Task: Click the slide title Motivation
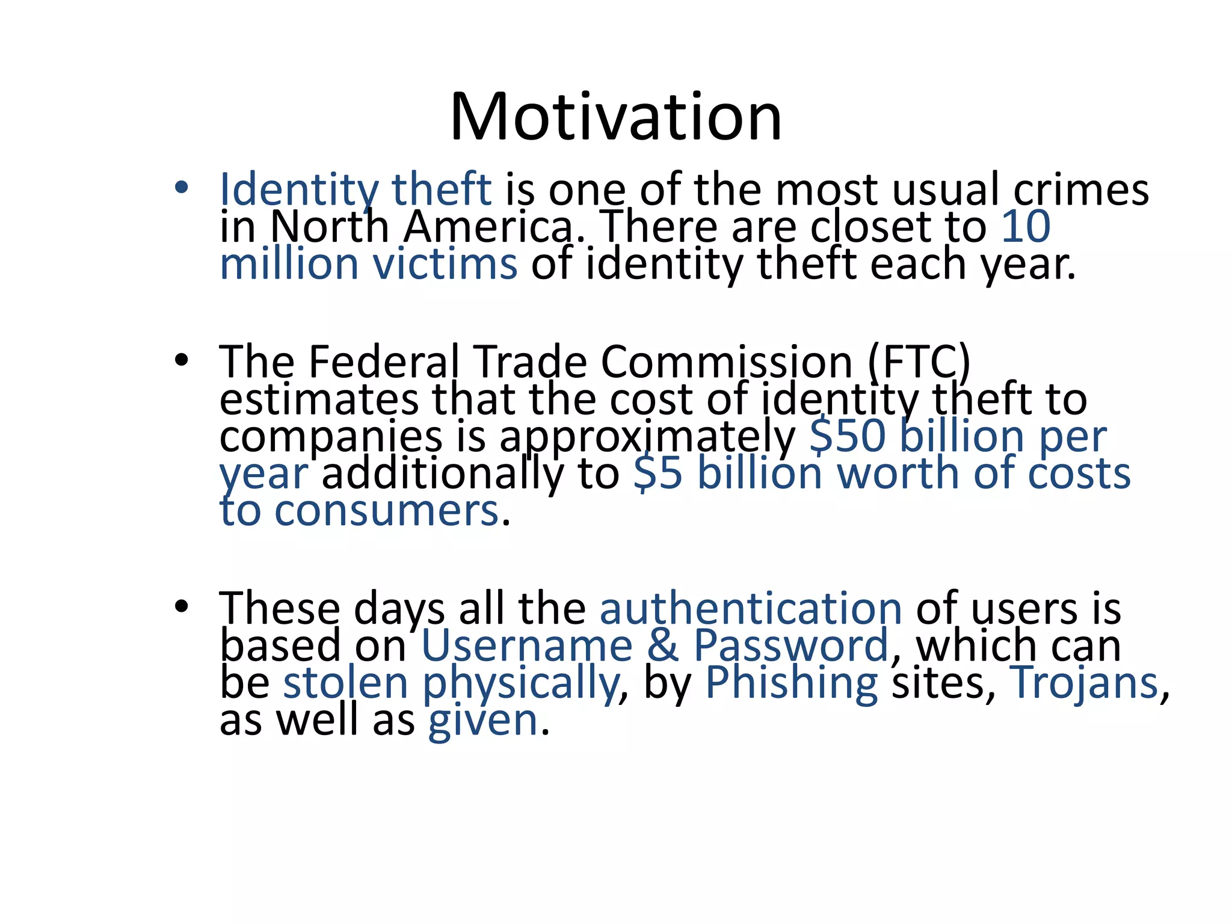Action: coord(615,117)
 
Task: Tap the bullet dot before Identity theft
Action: coord(181,188)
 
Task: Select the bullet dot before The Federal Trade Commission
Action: coord(181,360)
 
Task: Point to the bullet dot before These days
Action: coord(181,606)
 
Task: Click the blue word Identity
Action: coord(298,190)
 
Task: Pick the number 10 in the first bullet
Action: coord(1026,227)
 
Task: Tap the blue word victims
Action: coord(445,265)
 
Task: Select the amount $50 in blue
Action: coord(848,437)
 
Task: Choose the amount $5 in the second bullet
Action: coord(658,474)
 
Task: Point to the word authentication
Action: coord(751,609)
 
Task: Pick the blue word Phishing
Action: coord(791,684)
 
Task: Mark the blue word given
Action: coord(482,721)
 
